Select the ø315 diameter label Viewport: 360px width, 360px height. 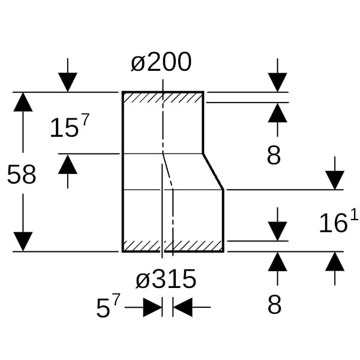(166, 279)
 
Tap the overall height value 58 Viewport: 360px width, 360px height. (22, 175)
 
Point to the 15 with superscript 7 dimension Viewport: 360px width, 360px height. (69, 127)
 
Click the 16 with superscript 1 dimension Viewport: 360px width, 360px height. (338, 223)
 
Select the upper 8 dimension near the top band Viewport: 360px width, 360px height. (274, 155)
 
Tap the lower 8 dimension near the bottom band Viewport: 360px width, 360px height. (274, 305)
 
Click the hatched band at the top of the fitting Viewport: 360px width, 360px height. (163, 97)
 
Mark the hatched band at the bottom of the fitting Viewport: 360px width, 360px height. (173, 246)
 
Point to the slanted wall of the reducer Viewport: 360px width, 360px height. (214, 172)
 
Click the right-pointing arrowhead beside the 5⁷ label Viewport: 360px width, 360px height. (152, 308)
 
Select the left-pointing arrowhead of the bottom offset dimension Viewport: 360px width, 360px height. (182, 308)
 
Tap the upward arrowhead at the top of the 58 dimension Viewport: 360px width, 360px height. (23, 102)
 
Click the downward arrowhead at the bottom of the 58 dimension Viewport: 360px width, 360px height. (23, 241)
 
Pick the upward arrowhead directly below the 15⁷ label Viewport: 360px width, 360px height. (68, 164)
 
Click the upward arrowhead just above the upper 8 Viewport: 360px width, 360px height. (277, 112)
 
